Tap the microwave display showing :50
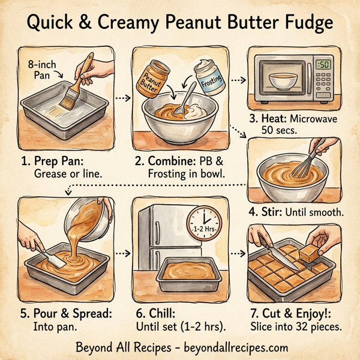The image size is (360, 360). point(325,65)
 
